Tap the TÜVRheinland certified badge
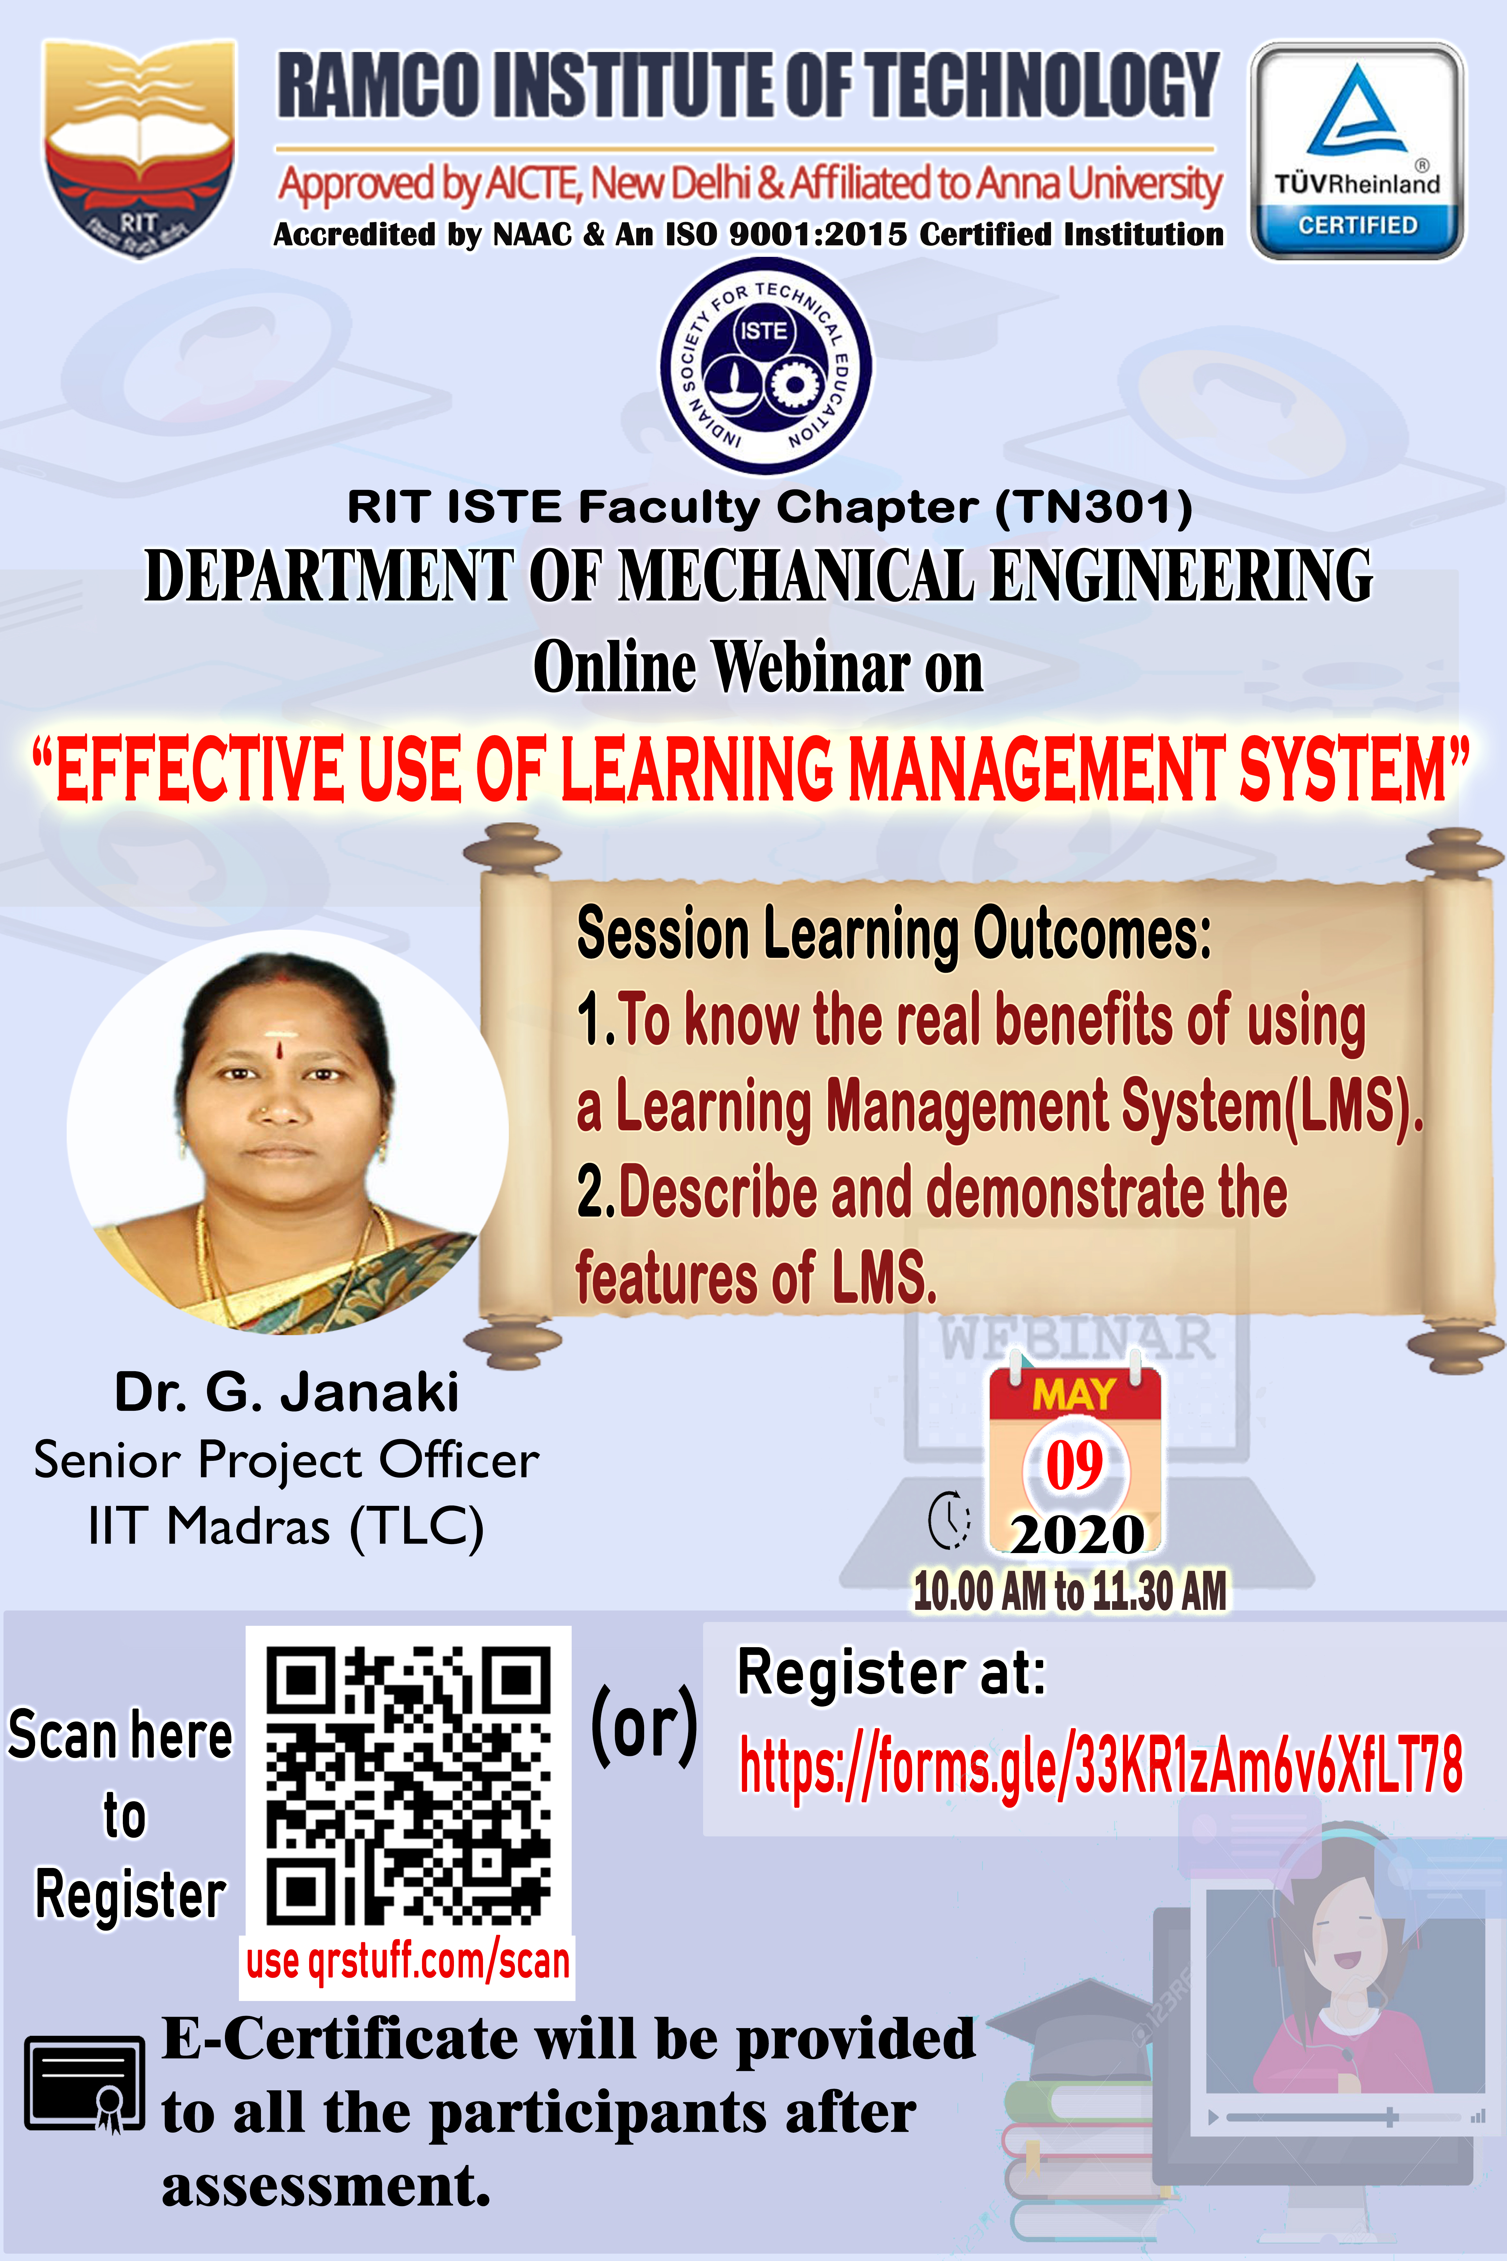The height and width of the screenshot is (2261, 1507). (x=1357, y=151)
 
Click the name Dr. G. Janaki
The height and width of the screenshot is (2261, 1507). (x=286, y=1391)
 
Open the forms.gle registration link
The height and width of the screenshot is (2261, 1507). (x=1101, y=1764)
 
